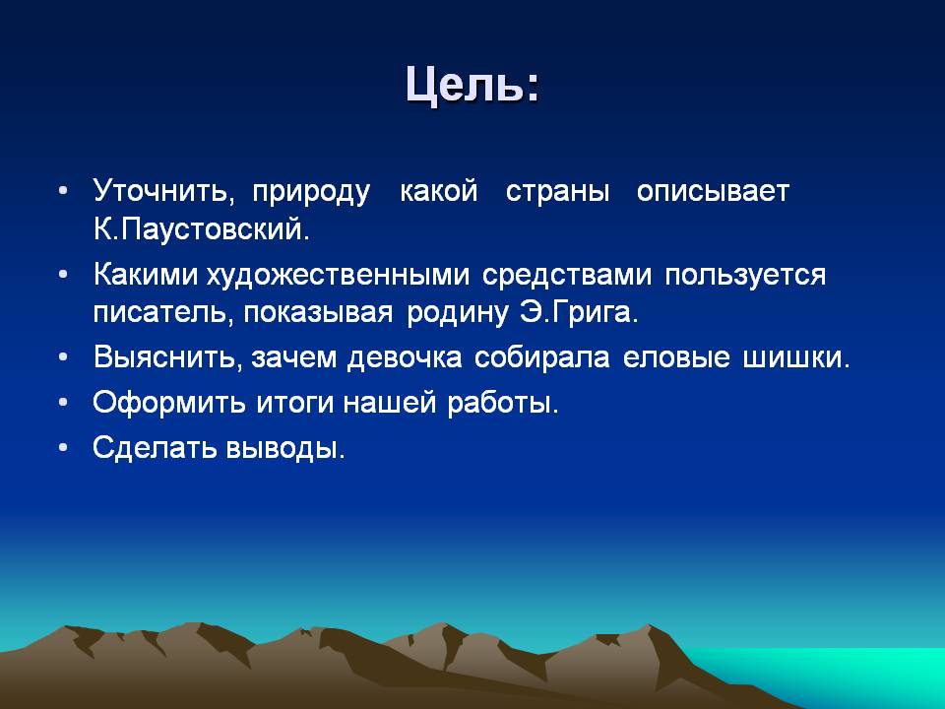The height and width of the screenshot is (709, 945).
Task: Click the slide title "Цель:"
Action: coord(472,85)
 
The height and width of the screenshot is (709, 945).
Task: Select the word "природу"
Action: coord(311,193)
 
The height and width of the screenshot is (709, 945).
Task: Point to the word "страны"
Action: coord(557,192)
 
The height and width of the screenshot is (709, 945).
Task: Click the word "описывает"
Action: coord(713,192)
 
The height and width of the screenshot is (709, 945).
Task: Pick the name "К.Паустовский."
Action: coord(201,229)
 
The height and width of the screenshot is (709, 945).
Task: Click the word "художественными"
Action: coord(338,276)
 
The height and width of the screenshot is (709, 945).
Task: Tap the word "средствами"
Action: coord(567,276)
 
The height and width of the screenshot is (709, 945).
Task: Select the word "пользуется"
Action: coord(745,276)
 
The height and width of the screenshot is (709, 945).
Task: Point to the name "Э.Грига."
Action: coord(579,312)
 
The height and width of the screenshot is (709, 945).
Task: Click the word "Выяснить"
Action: coord(167,356)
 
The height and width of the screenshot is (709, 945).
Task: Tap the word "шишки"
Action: coord(796,357)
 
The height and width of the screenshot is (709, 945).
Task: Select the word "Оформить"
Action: coord(169,403)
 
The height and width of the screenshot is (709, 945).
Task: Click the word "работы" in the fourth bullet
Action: coord(503,403)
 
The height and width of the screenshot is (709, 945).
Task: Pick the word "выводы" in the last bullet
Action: coord(285,448)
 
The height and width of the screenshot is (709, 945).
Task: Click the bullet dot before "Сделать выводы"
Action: coord(63,448)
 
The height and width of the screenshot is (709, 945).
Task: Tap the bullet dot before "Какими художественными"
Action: coord(63,275)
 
